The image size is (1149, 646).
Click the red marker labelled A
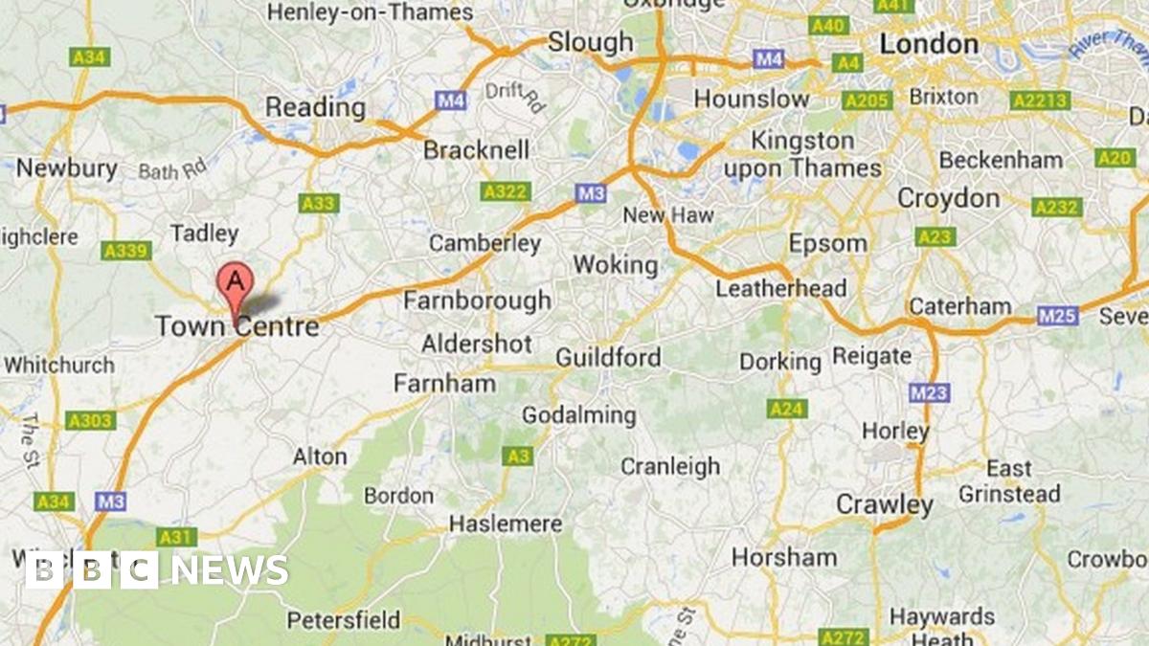(236, 283)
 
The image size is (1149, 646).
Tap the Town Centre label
(237, 327)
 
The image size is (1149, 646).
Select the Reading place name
(315, 107)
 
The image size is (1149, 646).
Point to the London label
(929, 44)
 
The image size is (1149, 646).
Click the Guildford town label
(608, 358)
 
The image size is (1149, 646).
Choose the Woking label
(615, 264)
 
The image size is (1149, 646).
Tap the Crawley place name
(884, 504)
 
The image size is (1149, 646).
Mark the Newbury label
(66, 168)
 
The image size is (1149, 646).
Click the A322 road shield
(505, 192)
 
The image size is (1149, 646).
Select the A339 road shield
(126, 251)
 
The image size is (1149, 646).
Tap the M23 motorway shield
(929, 392)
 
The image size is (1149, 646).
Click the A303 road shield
(92, 420)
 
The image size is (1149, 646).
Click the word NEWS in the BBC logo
(230, 570)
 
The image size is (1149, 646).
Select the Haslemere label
(506, 524)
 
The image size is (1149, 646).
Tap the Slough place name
(590, 42)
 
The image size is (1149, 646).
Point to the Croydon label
(948, 198)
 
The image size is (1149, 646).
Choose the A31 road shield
(177, 537)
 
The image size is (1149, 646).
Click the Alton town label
(319, 457)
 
